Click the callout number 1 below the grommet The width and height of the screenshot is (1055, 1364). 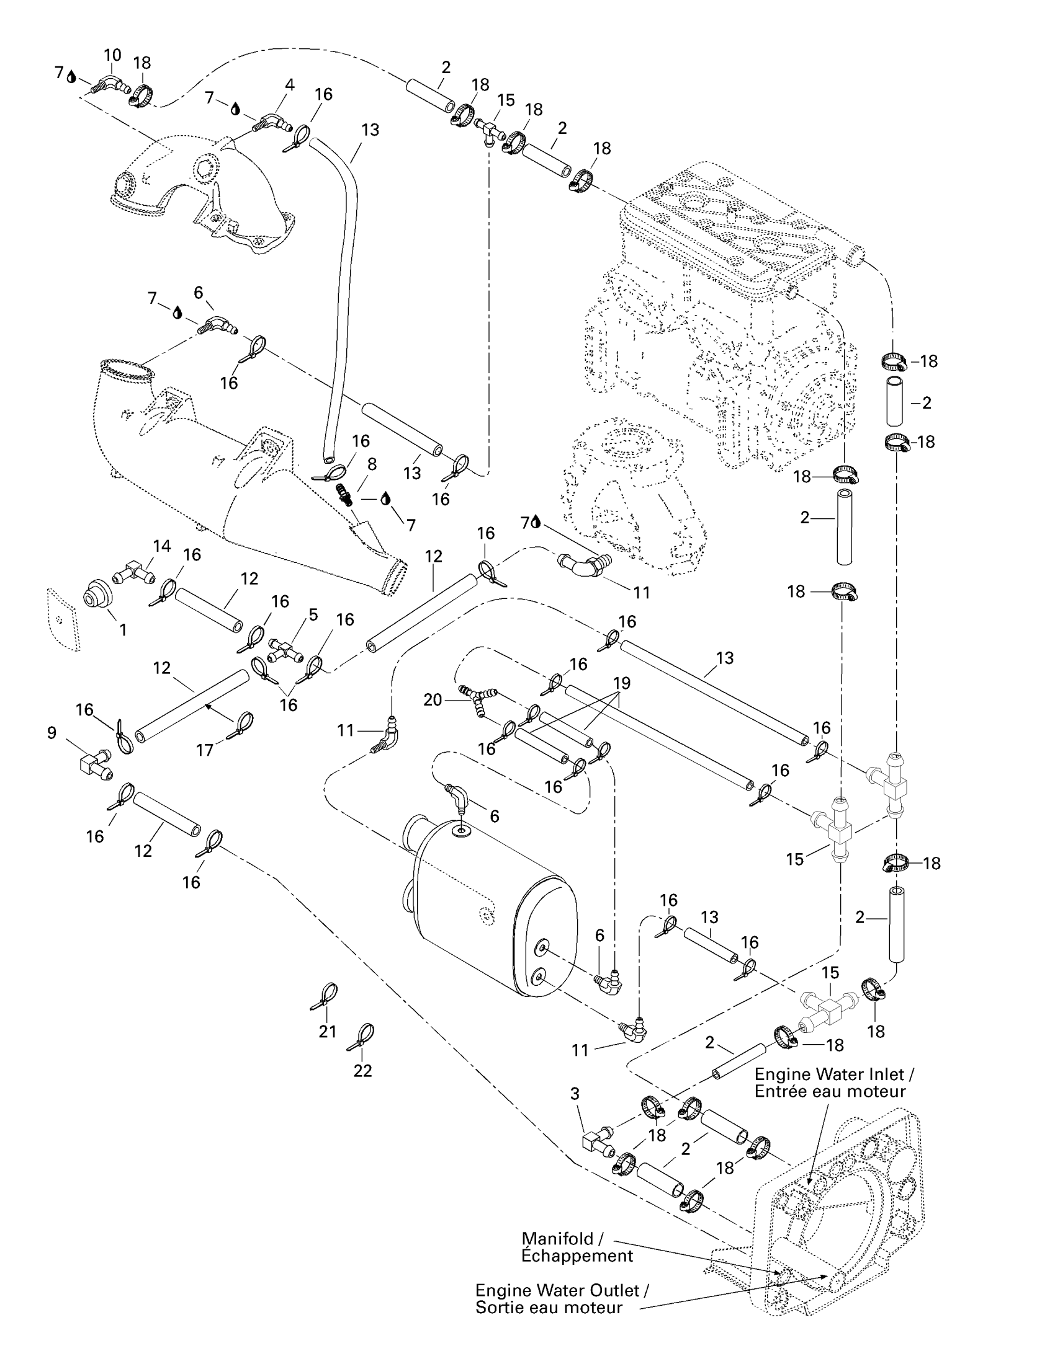(x=123, y=629)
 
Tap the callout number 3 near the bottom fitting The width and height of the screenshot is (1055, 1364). (x=575, y=1094)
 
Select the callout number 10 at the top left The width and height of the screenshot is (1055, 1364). (x=112, y=55)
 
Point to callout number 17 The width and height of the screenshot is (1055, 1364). (x=205, y=750)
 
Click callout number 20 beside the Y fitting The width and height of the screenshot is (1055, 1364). (x=433, y=700)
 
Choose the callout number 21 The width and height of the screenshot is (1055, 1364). (x=328, y=1032)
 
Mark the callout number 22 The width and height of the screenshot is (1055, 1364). (x=362, y=1071)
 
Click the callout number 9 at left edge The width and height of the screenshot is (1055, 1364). (x=52, y=733)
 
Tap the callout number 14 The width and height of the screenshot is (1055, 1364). (x=162, y=546)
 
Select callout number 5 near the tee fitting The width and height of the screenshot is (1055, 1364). (x=313, y=614)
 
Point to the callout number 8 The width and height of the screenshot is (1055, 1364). (x=372, y=464)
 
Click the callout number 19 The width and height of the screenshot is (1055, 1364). (x=622, y=683)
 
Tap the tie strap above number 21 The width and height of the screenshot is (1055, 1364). (x=326, y=996)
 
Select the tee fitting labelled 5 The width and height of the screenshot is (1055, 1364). (x=284, y=650)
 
